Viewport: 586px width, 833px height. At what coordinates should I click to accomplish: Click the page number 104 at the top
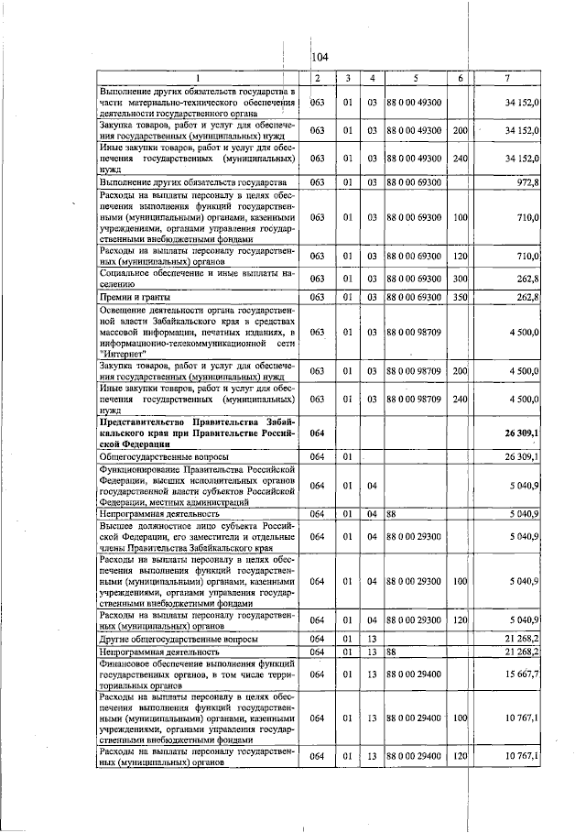(321, 57)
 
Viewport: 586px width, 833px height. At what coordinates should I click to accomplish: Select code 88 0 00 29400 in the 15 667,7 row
(415, 674)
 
